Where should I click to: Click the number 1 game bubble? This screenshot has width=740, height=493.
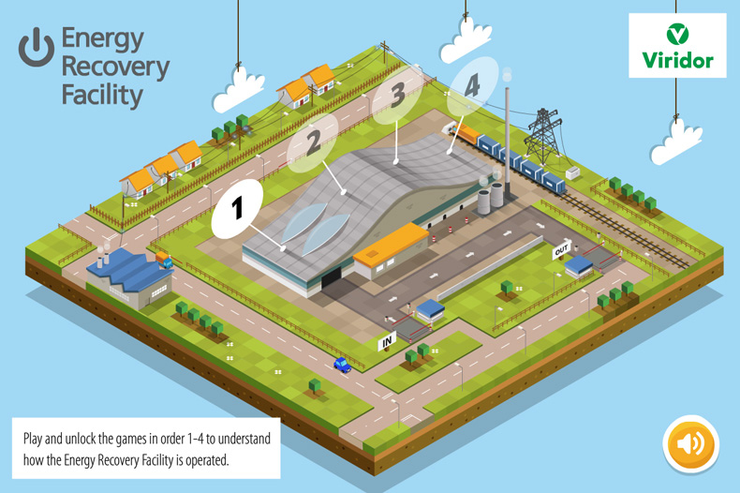click(238, 206)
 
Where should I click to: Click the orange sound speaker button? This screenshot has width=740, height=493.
click(690, 443)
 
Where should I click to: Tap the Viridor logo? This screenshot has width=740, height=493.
click(678, 46)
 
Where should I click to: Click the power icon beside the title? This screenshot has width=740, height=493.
click(37, 45)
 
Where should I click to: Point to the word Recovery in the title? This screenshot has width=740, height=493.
click(115, 67)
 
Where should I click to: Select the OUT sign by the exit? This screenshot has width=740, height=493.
click(561, 250)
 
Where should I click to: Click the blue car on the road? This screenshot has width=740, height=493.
click(342, 364)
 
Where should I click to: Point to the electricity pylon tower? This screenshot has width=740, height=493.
click(543, 134)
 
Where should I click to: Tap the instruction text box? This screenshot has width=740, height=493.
click(146, 448)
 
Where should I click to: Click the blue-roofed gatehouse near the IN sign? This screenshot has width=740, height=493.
click(430, 310)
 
